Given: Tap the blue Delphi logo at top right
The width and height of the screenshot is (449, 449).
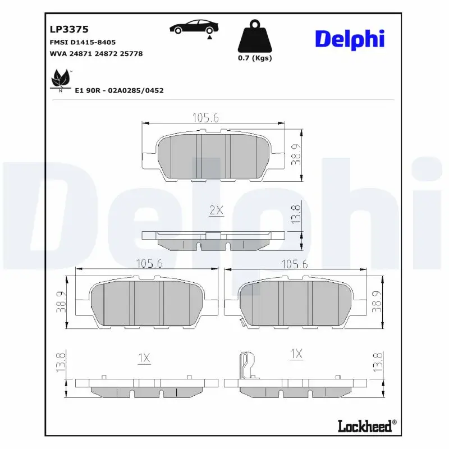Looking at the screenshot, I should [x=349, y=39].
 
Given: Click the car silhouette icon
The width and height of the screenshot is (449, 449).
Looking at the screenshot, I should [x=193, y=28].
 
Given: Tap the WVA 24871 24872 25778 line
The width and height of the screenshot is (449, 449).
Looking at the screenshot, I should [x=93, y=53].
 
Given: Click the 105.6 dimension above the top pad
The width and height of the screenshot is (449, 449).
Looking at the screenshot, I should [x=205, y=117].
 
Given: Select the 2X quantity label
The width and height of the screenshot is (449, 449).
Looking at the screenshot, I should [x=216, y=210].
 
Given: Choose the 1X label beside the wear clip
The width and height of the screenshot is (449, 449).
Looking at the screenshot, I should [x=296, y=354].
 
